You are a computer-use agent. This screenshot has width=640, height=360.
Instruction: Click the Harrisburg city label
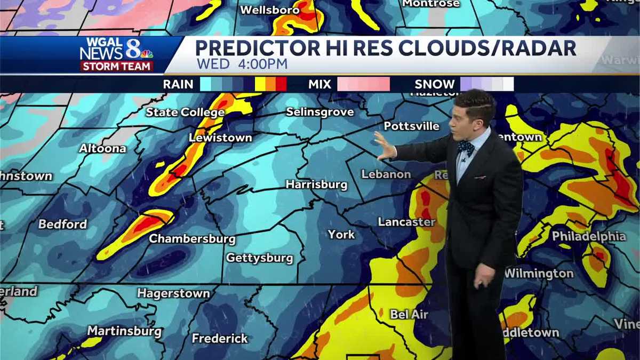316,185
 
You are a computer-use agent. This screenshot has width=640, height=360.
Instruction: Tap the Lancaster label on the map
406,221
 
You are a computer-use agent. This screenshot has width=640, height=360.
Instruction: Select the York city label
341,234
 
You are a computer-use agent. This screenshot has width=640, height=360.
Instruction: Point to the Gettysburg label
260,258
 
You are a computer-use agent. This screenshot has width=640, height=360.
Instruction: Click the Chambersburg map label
192,238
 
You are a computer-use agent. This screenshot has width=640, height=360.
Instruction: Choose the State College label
185,112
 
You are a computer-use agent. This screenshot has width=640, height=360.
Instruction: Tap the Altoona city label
102,148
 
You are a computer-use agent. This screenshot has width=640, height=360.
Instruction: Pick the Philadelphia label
589,236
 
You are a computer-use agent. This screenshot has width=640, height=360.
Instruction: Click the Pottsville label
412,126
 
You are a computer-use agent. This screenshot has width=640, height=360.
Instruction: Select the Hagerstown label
173,293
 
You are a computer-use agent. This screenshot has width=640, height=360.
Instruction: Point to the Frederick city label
220,338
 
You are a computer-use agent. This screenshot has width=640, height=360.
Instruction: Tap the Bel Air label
409,314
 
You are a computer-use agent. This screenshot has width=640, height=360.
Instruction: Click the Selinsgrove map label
320,112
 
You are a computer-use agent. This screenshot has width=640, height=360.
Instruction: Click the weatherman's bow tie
465,147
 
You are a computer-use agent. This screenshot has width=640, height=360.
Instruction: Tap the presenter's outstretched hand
384,147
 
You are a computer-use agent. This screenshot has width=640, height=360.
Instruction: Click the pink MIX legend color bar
363,84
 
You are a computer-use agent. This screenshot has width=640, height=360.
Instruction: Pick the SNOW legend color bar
486,84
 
